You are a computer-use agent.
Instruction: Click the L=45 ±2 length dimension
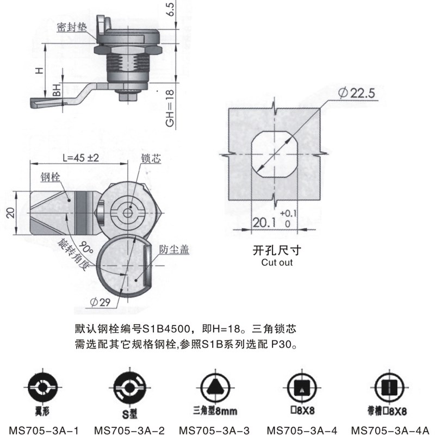pos(80,158)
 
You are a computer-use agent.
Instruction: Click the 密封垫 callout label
pos(71,27)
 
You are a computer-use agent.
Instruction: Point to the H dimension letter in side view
pos(38,71)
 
